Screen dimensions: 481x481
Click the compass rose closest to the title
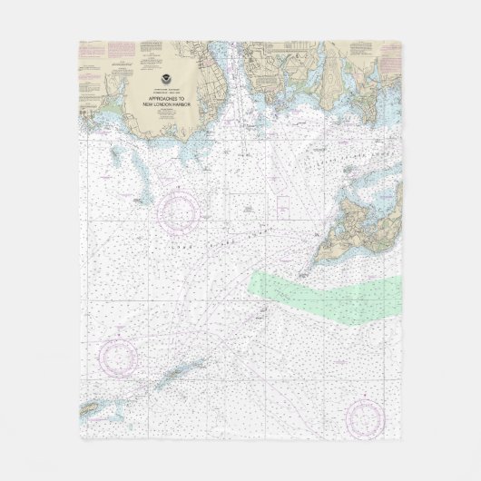[x=179, y=210]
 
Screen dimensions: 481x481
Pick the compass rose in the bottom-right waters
[x=364, y=415]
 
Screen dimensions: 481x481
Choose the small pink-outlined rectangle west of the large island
[x=282, y=201]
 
